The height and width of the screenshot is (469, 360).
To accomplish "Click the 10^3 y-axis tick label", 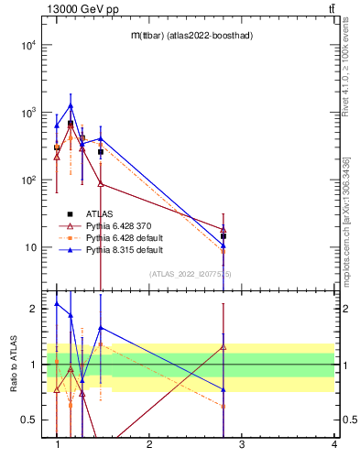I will pyautogui.click(x=27, y=113).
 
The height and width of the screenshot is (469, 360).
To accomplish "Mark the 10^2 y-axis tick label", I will pyautogui.click(x=27, y=180).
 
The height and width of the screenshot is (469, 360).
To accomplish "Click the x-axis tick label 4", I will pyautogui.click(x=334, y=444).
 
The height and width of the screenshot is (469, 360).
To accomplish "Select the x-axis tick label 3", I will pyautogui.click(x=242, y=444).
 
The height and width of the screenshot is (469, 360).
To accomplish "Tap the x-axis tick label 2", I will pyautogui.click(x=149, y=444).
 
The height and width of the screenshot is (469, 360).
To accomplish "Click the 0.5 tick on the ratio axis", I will pyautogui.click(x=29, y=420).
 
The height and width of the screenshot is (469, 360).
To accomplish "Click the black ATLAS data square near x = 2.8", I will pyautogui.click(x=224, y=236).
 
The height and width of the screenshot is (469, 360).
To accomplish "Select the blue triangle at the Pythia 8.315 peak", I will pyautogui.click(x=70, y=106).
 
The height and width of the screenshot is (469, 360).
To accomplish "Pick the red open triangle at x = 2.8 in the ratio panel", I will pyautogui.click(x=224, y=347).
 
